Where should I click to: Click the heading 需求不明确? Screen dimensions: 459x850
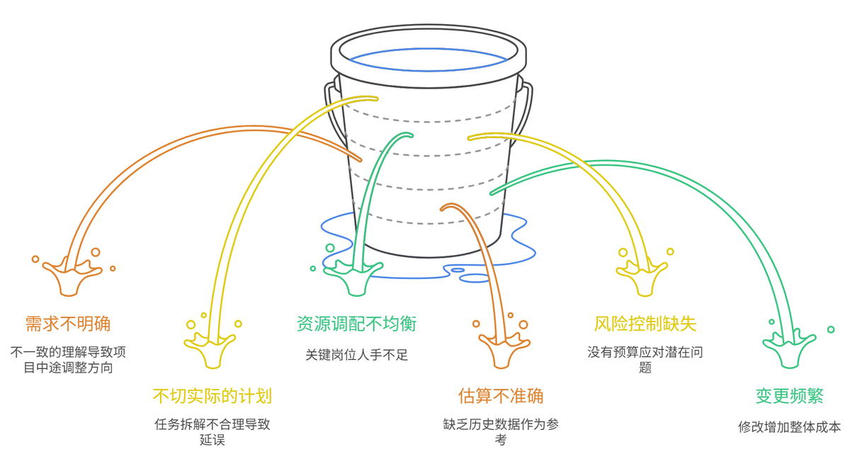point(68,324)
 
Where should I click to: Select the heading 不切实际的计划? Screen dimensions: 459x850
point(212,395)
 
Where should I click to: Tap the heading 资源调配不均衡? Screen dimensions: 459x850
point(356,324)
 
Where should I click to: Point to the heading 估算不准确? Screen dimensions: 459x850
point(501,395)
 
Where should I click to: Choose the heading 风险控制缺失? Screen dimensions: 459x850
point(645,324)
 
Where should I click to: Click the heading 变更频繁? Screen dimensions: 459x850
point(789,395)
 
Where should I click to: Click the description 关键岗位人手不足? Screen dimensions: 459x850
point(356,355)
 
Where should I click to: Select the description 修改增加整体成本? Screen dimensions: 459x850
point(789,427)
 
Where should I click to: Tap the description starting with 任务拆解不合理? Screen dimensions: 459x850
point(212,432)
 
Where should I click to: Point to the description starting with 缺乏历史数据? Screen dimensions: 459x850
point(501,432)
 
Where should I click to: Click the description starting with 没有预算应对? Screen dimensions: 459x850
point(645,359)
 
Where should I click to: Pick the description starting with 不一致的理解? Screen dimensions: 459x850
point(68,359)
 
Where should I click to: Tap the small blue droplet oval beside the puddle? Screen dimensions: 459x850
point(458,270)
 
